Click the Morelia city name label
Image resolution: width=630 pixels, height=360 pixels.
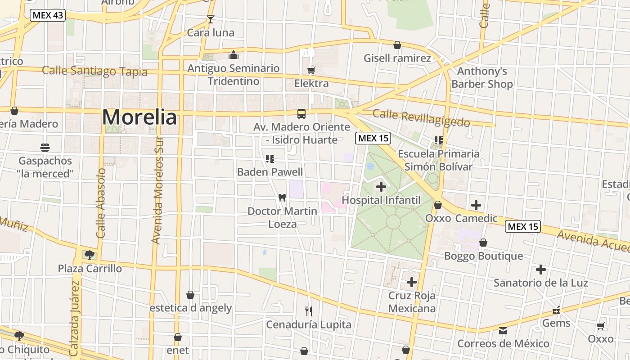click(139, 117)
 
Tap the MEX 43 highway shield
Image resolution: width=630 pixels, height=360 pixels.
click(48, 15)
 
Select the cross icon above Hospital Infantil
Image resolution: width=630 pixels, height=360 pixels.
click(381, 186)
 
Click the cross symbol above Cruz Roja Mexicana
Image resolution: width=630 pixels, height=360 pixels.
click(412, 282)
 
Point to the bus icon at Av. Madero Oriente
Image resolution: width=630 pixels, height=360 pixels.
click(301, 114)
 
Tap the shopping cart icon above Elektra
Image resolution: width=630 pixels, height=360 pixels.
click(311, 70)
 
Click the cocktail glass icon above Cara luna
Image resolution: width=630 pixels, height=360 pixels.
click(210, 19)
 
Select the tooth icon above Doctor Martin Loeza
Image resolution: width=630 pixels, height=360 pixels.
click(282, 197)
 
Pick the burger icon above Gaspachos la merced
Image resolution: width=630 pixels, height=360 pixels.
click(45, 147)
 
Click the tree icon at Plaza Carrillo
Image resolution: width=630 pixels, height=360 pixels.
click(90, 255)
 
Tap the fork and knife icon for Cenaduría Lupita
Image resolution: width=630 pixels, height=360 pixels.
click(309, 311)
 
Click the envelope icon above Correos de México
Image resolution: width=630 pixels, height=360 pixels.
click(503, 331)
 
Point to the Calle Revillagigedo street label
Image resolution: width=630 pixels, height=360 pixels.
click(421, 118)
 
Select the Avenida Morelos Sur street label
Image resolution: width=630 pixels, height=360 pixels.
click(157, 190)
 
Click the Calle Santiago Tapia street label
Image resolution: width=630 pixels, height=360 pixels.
click(94, 71)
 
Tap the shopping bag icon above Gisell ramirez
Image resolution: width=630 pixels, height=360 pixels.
click(397, 45)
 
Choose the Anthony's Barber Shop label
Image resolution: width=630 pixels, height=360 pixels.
click(482, 77)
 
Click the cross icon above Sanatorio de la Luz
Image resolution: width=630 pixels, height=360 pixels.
click(541, 270)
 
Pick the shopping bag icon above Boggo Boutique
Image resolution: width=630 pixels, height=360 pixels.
click(483, 243)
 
